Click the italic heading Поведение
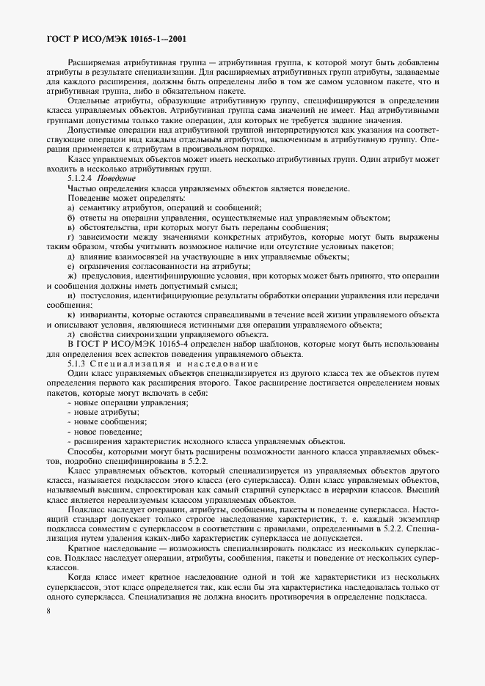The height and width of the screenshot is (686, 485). pos(122,178)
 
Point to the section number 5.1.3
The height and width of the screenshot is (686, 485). pos(77,364)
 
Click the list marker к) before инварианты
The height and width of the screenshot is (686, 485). pos(71,314)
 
